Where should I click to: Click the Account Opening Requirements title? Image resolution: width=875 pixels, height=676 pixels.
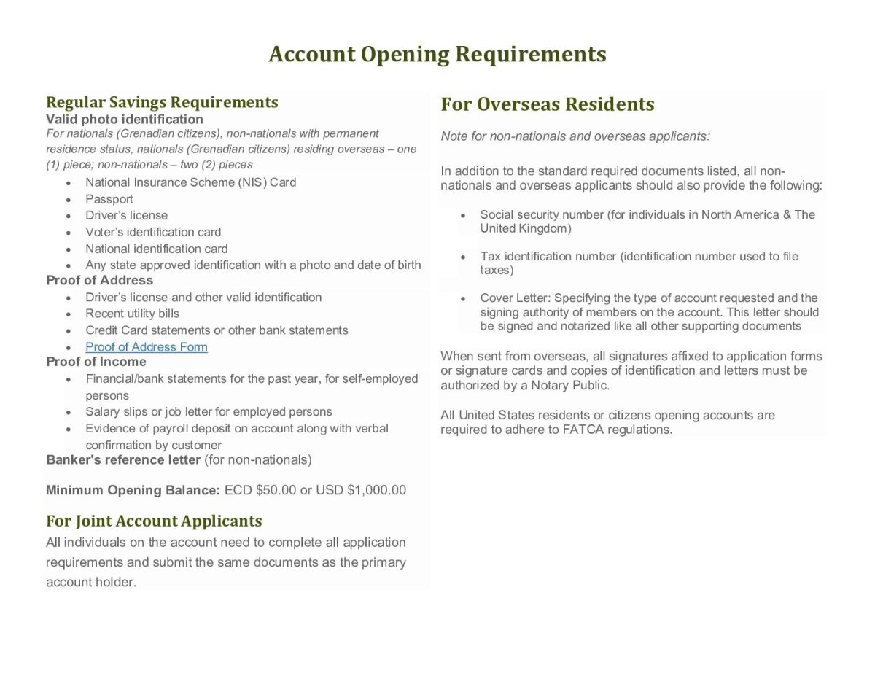[x=437, y=55]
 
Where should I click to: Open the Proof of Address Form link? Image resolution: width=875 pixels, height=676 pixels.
[x=147, y=347]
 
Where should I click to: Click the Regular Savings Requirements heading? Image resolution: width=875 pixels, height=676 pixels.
[x=162, y=102]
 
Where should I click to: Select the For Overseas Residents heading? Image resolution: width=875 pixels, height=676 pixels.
[x=548, y=104]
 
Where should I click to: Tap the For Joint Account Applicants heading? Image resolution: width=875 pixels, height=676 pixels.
[x=154, y=521]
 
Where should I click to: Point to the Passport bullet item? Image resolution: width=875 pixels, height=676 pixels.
[x=109, y=199]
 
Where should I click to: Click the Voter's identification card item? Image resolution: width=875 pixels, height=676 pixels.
[x=153, y=232]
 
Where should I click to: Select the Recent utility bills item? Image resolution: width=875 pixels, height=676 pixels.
[x=132, y=314]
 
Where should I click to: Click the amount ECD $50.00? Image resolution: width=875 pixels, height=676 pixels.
[x=260, y=490]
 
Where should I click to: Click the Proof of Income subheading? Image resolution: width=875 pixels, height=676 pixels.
[x=96, y=362]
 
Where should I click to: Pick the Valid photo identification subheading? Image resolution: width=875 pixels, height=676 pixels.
[x=125, y=119]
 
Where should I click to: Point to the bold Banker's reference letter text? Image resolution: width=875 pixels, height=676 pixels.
[x=123, y=459]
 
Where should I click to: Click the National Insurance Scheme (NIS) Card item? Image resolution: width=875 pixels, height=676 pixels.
[x=191, y=182]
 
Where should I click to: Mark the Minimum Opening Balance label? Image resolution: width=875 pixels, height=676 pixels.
[x=133, y=490]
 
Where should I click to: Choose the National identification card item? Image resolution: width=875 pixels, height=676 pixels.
[x=157, y=249]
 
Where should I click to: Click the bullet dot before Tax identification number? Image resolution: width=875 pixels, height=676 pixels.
[x=463, y=257]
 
